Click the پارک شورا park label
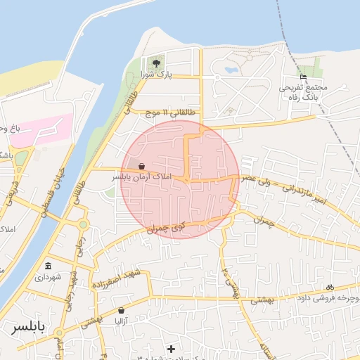click(156, 73)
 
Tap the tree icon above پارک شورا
click(155, 63)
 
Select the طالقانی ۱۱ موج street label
click(173, 112)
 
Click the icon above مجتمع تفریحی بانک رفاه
click(303, 77)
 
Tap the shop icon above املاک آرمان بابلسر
click(143, 167)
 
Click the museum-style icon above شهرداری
click(48, 266)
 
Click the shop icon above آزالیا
click(122, 310)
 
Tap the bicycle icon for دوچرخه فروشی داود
click(330, 287)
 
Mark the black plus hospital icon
click(172, 348)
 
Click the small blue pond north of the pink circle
click(229, 70)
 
